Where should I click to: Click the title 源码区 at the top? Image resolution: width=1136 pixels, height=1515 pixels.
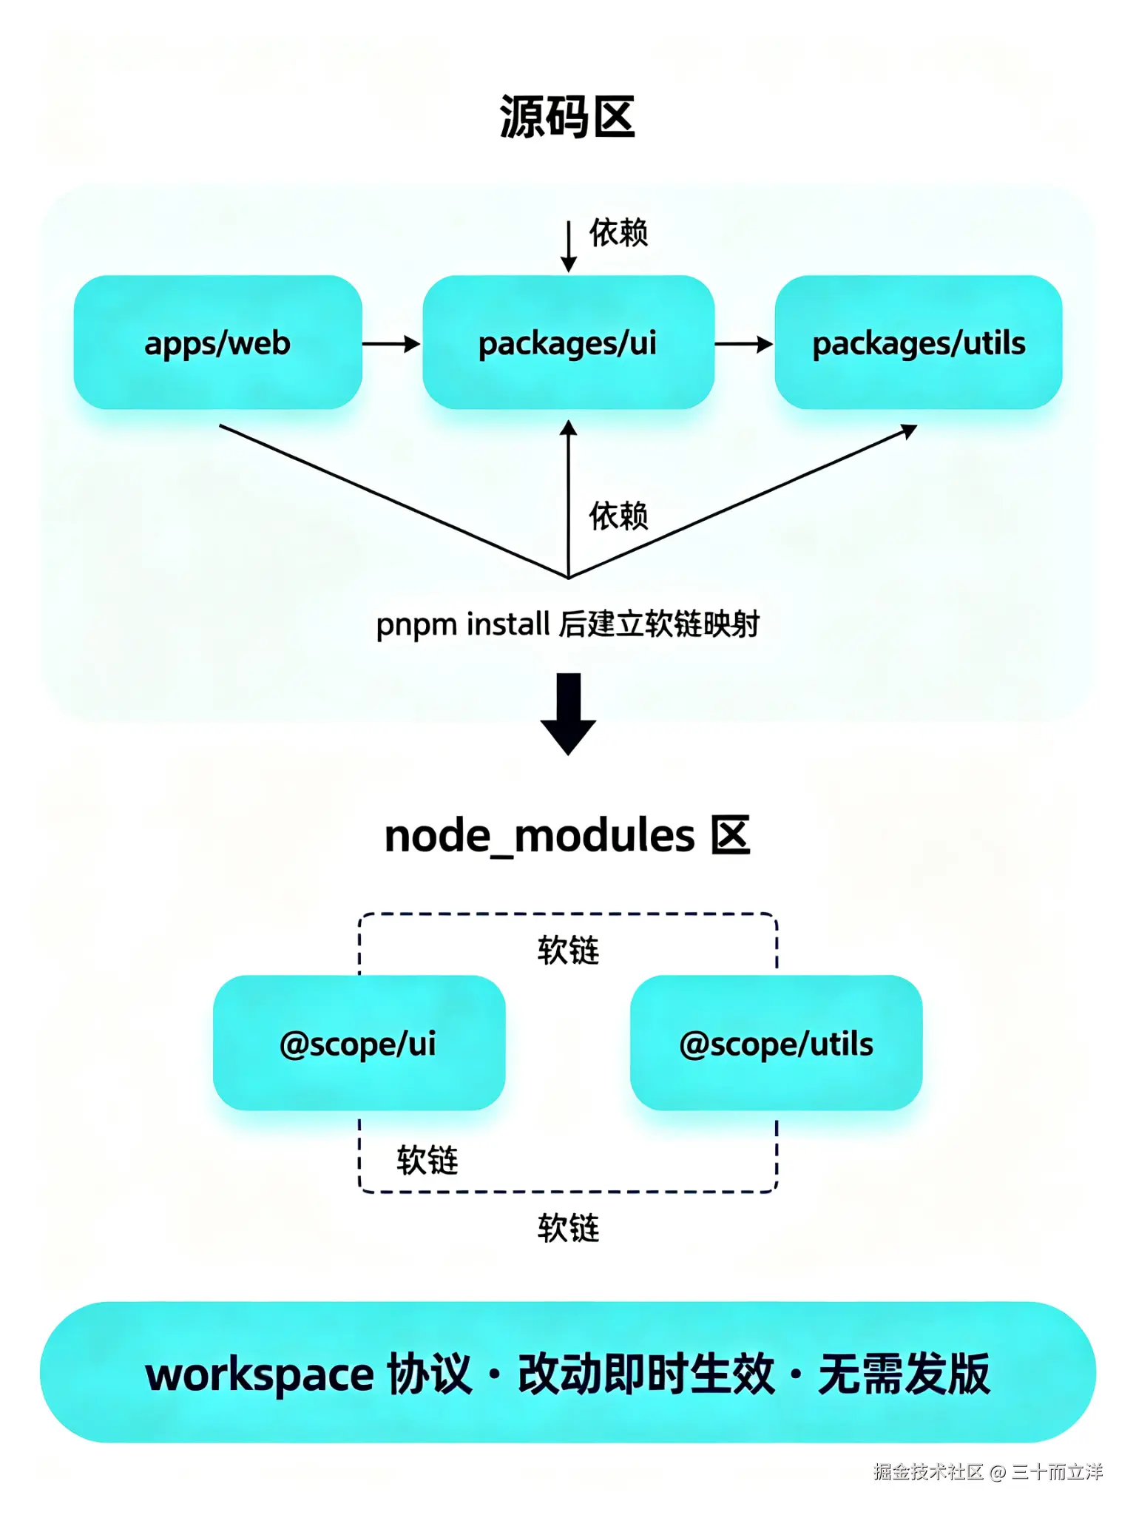pyautogui.click(x=567, y=117)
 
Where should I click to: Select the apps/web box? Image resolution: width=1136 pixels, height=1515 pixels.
pyautogui.click(x=217, y=343)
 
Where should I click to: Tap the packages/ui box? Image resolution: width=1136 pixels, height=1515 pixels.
pyautogui.click(x=568, y=343)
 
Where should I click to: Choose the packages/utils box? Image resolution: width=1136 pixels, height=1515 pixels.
pyautogui.click(x=919, y=343)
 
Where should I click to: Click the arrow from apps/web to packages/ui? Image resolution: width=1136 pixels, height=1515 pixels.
pyautogui.click(x=391, y=344)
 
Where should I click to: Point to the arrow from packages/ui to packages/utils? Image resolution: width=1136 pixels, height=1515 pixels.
pyautogui.click(x=743, y=344)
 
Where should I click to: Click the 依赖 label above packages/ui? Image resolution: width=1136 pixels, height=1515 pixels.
pyautogui.click(x=618, y=233)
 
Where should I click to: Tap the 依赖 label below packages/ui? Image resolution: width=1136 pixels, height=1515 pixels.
pyautogui.click(x=618, y=516)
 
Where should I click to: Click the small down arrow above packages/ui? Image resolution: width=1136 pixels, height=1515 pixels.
pyautogui.click(x=569, y=246)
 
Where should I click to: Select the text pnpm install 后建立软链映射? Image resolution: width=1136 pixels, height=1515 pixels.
pyautogui.click(x=568, y=624)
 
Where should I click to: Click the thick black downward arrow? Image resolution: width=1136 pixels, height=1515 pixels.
pyautogui.click(x=568, y=714)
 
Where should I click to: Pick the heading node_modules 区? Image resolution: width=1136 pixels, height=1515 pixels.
pyautogui.click(x=567, y=837)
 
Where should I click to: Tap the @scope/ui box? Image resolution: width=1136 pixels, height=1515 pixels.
pyautogui.click(x=359, y=1043)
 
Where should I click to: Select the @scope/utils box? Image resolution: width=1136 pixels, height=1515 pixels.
pyautogui.click(x=776, y=1043)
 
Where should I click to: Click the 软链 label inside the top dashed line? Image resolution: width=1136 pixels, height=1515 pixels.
pyautogui.click(x=568, y=951)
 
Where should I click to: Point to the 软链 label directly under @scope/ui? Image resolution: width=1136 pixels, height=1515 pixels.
pyautogui.click(x=427, y=1160)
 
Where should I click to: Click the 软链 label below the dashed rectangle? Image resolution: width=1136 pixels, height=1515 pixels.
pyautogui.click(x=568, y=1228)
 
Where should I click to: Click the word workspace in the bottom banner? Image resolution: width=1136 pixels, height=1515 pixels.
pyautogui.click(x=260, y=1375)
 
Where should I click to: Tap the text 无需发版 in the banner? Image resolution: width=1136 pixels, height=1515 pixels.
pyautogui.click(x=904, y=1374)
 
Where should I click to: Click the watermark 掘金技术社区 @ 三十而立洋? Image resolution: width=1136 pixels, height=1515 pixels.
pyautogui.click(x=988, y=1472)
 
